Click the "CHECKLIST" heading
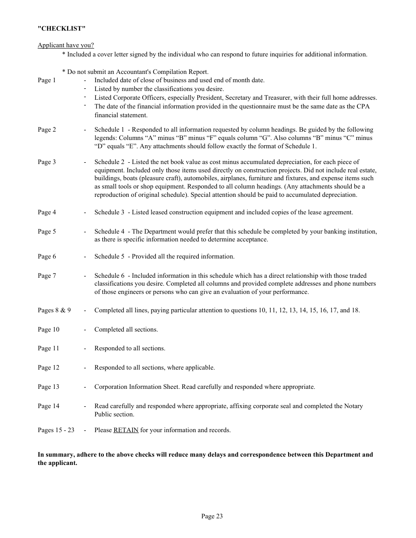pyautogui.click(x=62, y=28)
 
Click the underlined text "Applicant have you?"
pyautogui.click(x=66, y=45)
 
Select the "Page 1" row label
pyautogui.click(x=47, y=80)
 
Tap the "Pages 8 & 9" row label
pyautogui.click(x=54, y=310)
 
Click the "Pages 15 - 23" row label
pyautogui.click(x=56, y=430)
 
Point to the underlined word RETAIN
pyautogui.click(x=126, y=430)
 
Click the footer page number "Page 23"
pyautogui.click(x=212, y=516)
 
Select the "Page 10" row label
pyautogui.click(x=49, y=329)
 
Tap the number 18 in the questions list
pyautogui.click(x=355, y=310)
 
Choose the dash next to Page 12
pyautogui.click(x=85, y=367)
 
